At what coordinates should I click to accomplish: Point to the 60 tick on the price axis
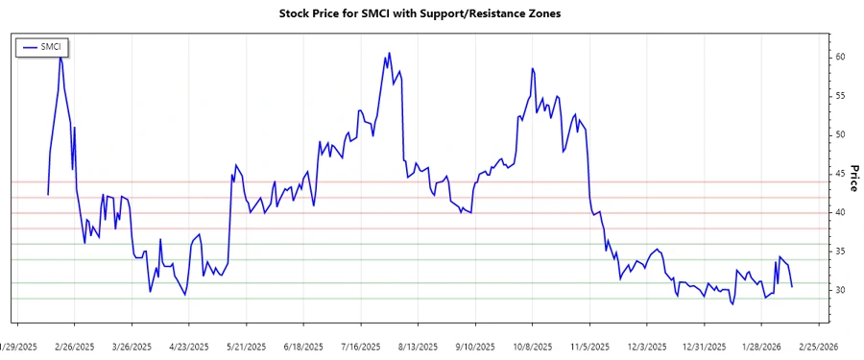[x=839, y=58]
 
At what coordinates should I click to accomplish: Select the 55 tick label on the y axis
[x=839, y=96]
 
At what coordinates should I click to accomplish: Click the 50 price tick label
[x=839, y=135]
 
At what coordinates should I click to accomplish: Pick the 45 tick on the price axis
[x=839, y=174]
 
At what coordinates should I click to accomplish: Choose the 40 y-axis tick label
[x=839, y=213]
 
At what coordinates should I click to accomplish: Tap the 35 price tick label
[x=839, y=252]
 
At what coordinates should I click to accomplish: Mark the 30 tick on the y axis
[x=839, y=291]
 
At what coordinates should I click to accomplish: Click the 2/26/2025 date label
[x=74, y=346]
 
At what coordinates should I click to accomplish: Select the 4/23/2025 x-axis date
[x=189, y=346]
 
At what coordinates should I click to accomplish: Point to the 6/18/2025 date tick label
[x=303, y=346]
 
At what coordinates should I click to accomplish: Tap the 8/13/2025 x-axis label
[x=418, y=346]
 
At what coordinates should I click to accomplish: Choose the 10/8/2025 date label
[x=531, y=346]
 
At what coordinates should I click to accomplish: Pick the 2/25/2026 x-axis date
[x=819, y=346]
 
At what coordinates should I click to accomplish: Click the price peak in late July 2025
[x=389, y=53]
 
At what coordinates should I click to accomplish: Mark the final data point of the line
[x=792, y=287]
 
